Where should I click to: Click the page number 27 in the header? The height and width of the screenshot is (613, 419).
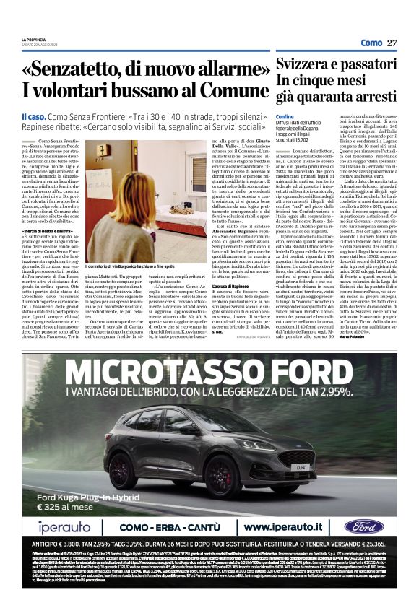point(392,43)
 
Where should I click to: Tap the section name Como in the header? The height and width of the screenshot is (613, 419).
point(371,43)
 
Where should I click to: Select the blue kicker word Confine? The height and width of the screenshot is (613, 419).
point(285,116)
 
